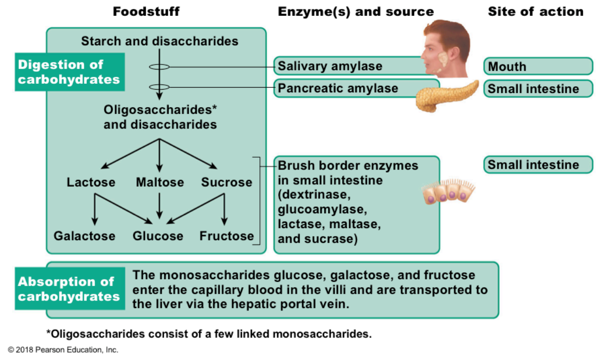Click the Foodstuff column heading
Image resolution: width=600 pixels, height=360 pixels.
click(x=146, y=11)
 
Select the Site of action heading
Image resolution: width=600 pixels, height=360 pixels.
click(x=536, y=11)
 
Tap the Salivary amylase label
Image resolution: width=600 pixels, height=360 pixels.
click(x=330, y=66)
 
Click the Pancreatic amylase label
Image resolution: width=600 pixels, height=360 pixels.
click(x=338, y=88)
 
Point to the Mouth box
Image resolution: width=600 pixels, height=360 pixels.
click(x=538, y=66)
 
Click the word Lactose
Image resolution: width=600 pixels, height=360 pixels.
click(x=91, y=182)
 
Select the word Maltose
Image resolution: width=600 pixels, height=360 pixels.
click(x=160, y=182)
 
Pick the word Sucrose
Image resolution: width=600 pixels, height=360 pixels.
click(x=227, y=182)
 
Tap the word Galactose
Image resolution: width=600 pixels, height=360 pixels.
click(x=84, y=236)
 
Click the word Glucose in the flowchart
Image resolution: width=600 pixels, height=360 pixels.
click(x=158, y=236)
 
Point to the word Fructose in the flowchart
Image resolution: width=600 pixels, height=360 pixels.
click(x=227, y=236)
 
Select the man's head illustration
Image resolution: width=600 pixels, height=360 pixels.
click(x=446, y=50)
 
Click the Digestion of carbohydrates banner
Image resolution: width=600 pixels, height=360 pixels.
click(x=69, y=72)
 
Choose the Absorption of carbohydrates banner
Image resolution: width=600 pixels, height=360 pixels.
click(x=69, y=289)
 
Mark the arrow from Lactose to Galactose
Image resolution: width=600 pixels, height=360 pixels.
click(x=94, y=208)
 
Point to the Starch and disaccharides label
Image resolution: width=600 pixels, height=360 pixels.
click(x=160, y=41)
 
